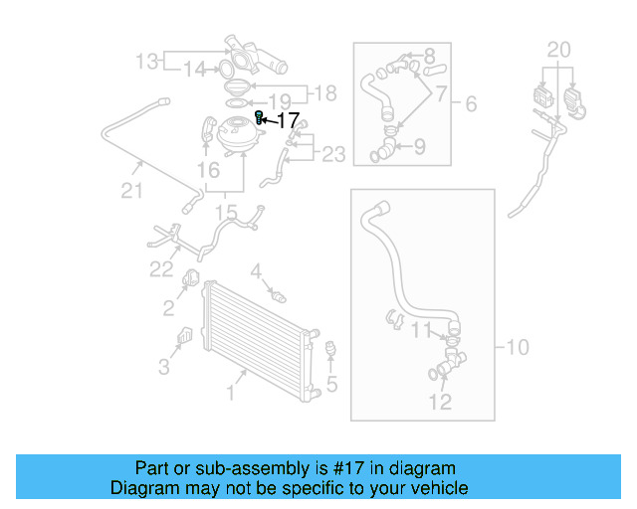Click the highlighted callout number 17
pyautogui.click(x=287, y=120)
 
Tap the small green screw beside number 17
pyautogui.click(x=260, y=118)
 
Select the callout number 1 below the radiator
pyautogui.click(x=230, y=393)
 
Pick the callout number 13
pyautogui.click(x=147, y=62)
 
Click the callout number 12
pyautogui.click(x=440, y=401)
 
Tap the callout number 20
pyautogui.click(x=559, y=49)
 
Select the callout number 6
pyautogui.click(x=471, y=103)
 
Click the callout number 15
pyautogui.click(x=226, y=212)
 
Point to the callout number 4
pyautogui.click(x=256, y=270)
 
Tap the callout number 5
pyautogui.click(x=331, y=384)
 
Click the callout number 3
pyautogui.click(x=163, y=367)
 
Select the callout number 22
pyautogui.click(x=162, y=267)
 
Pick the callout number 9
pyautogui.click(x=419, y=147)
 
